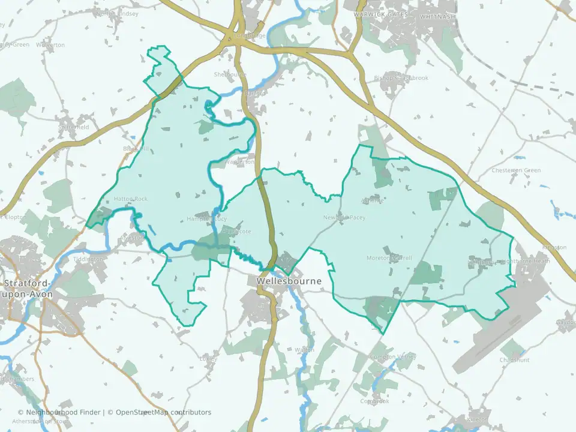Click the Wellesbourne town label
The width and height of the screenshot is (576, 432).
[289, 281]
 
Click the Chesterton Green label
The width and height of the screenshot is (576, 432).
[516, 170]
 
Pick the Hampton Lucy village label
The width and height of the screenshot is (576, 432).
[207, 219]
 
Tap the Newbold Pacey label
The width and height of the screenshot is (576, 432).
[344, 218]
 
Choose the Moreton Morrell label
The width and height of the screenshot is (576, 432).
[389, 258]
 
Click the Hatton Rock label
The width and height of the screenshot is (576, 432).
[131, 199]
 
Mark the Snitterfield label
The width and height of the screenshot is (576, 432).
[74, 127]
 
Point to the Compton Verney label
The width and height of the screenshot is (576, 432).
[394, 357]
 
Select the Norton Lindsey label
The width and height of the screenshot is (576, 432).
[117, 13]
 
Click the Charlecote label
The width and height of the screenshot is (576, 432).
[236, 232]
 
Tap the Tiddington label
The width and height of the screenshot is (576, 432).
[88, 259]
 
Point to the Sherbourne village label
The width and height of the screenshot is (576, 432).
[230, 75]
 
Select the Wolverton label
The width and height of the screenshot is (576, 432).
[50, 45]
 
